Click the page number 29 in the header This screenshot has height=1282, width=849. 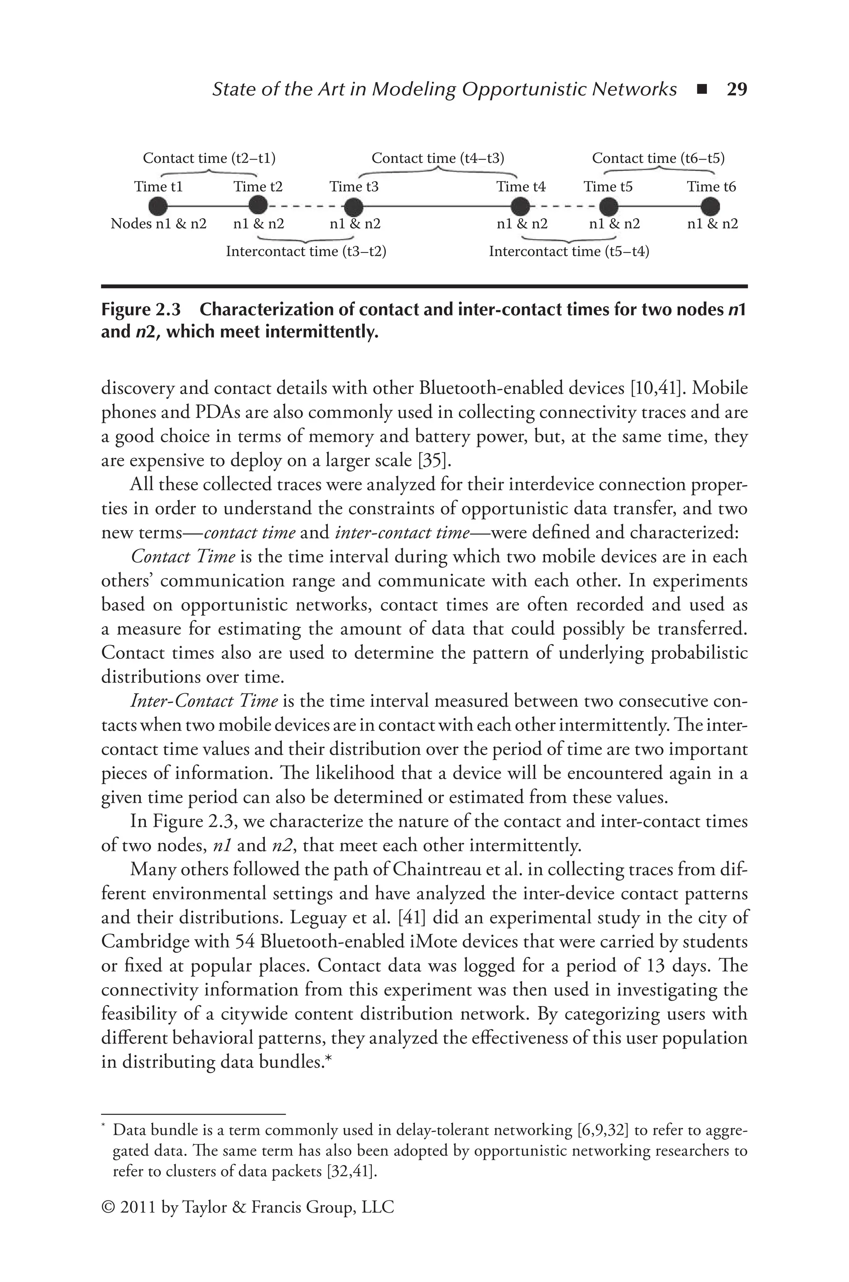click(736, 89)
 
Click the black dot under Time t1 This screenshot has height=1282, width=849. click(158, 206)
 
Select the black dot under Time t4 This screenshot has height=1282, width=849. click(520, 206)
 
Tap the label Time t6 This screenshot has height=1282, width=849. click(711, 187)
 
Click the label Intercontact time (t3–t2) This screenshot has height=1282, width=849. click(306, 252)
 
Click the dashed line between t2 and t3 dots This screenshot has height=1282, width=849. click(306, 206)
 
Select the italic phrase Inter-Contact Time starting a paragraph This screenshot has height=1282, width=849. click(204, 701)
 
